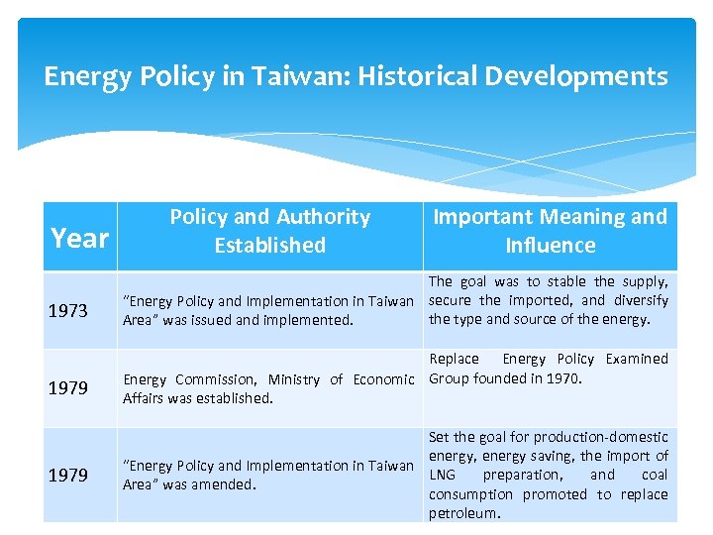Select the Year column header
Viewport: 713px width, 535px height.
point(79,238)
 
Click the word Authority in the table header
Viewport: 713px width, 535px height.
point(322,217)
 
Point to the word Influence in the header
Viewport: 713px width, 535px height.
point(551,245)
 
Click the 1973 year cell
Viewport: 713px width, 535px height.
point(68,311)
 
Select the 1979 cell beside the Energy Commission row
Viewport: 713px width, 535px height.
point(68,388)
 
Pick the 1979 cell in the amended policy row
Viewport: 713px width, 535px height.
point(68,476)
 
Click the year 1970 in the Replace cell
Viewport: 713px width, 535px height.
point(565,377)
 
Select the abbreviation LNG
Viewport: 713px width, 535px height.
point(443,475)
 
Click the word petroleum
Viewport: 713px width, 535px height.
point(464,513)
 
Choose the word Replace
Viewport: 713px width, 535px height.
point(454,359)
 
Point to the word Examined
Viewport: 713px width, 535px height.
point(637,359)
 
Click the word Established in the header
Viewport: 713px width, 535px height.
point(270,245)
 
